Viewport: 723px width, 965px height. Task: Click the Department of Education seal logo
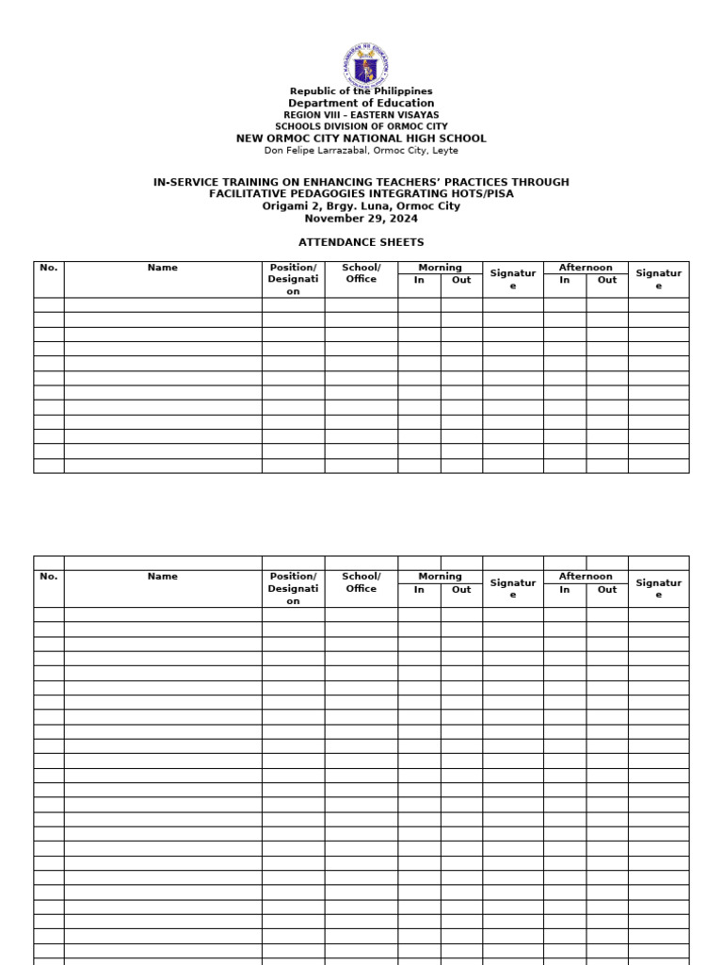tap(365, 64)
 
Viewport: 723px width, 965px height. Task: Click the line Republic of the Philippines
tap(361, 91)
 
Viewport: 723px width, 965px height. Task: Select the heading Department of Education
tap(361, 103)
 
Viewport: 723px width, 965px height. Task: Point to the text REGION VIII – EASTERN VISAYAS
tap(361, 115)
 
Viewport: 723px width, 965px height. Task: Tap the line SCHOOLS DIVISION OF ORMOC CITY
tap(361, 126)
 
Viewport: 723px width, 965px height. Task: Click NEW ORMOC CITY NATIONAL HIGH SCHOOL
tap(361, 139)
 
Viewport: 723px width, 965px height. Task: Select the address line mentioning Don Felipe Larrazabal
tap(361, 150)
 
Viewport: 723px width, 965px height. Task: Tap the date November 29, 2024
tap(361, 219)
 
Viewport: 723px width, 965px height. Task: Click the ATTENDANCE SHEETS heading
tap(361, 242)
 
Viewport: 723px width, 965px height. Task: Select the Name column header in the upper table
tap(162, 268)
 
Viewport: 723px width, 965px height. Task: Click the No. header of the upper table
tap(49, 268)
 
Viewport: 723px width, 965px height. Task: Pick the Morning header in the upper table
tap(440, 268)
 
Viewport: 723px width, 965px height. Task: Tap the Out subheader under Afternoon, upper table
tap(607, 280)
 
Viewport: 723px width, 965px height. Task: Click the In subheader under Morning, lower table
tap(419, 589)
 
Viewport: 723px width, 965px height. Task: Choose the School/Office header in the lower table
tap(361, 582)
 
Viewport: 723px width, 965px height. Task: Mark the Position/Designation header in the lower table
tap(293, 588)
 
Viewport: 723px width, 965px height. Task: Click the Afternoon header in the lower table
tap(586, 576)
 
